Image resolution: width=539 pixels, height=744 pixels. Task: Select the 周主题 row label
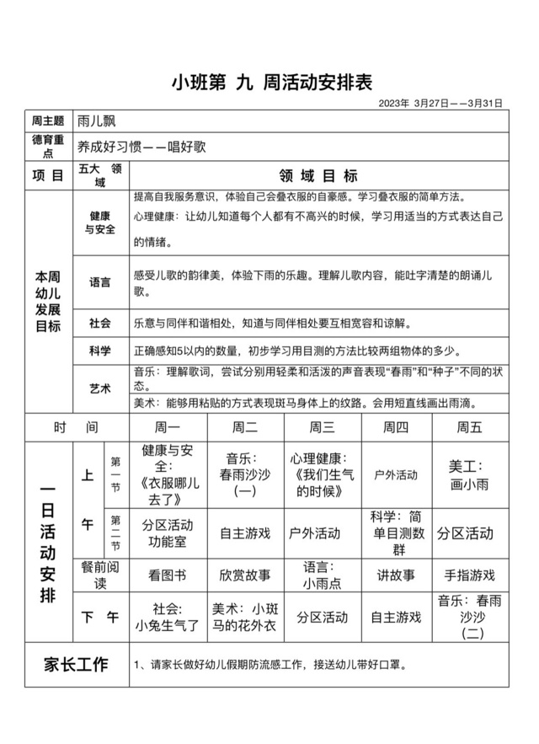tap(48, 121)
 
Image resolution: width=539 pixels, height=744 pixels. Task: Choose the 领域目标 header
tap(318, 176)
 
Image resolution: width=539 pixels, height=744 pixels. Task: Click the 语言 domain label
tap(100, 281)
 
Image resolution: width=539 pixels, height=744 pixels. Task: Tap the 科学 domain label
tap(100, 351)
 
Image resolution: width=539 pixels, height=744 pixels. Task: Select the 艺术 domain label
tap(100, 388)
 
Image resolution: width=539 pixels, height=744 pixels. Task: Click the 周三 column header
tap(323, 427)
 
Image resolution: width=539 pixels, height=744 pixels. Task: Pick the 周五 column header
tap(469, 427)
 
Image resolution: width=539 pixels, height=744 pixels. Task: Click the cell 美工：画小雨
tap(469, 475)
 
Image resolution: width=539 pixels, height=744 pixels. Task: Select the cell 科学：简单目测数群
tap(396, 533)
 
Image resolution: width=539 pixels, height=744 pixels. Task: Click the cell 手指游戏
tap(469, 575)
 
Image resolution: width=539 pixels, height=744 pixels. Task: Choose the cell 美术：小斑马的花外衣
tap(244, 617)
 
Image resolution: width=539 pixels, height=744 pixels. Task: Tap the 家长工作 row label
tap(76, 665)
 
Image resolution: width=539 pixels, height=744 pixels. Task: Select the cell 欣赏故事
tap(244, 575)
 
